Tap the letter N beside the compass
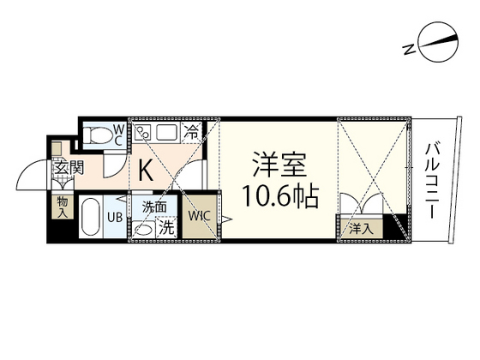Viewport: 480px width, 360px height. click(410, 49)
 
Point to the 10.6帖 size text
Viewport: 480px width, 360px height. click(279, 198)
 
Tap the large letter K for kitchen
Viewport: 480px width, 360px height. click(147, 171)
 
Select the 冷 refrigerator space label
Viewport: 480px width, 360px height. click(194, 133)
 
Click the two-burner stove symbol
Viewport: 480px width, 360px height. click(143, 134)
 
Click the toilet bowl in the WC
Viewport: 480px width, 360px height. click(102, 134)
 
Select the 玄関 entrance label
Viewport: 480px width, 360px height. click(69, 167)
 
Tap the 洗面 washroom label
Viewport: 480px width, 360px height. click(154, 207)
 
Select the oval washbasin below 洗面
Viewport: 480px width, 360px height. click(145, 230)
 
